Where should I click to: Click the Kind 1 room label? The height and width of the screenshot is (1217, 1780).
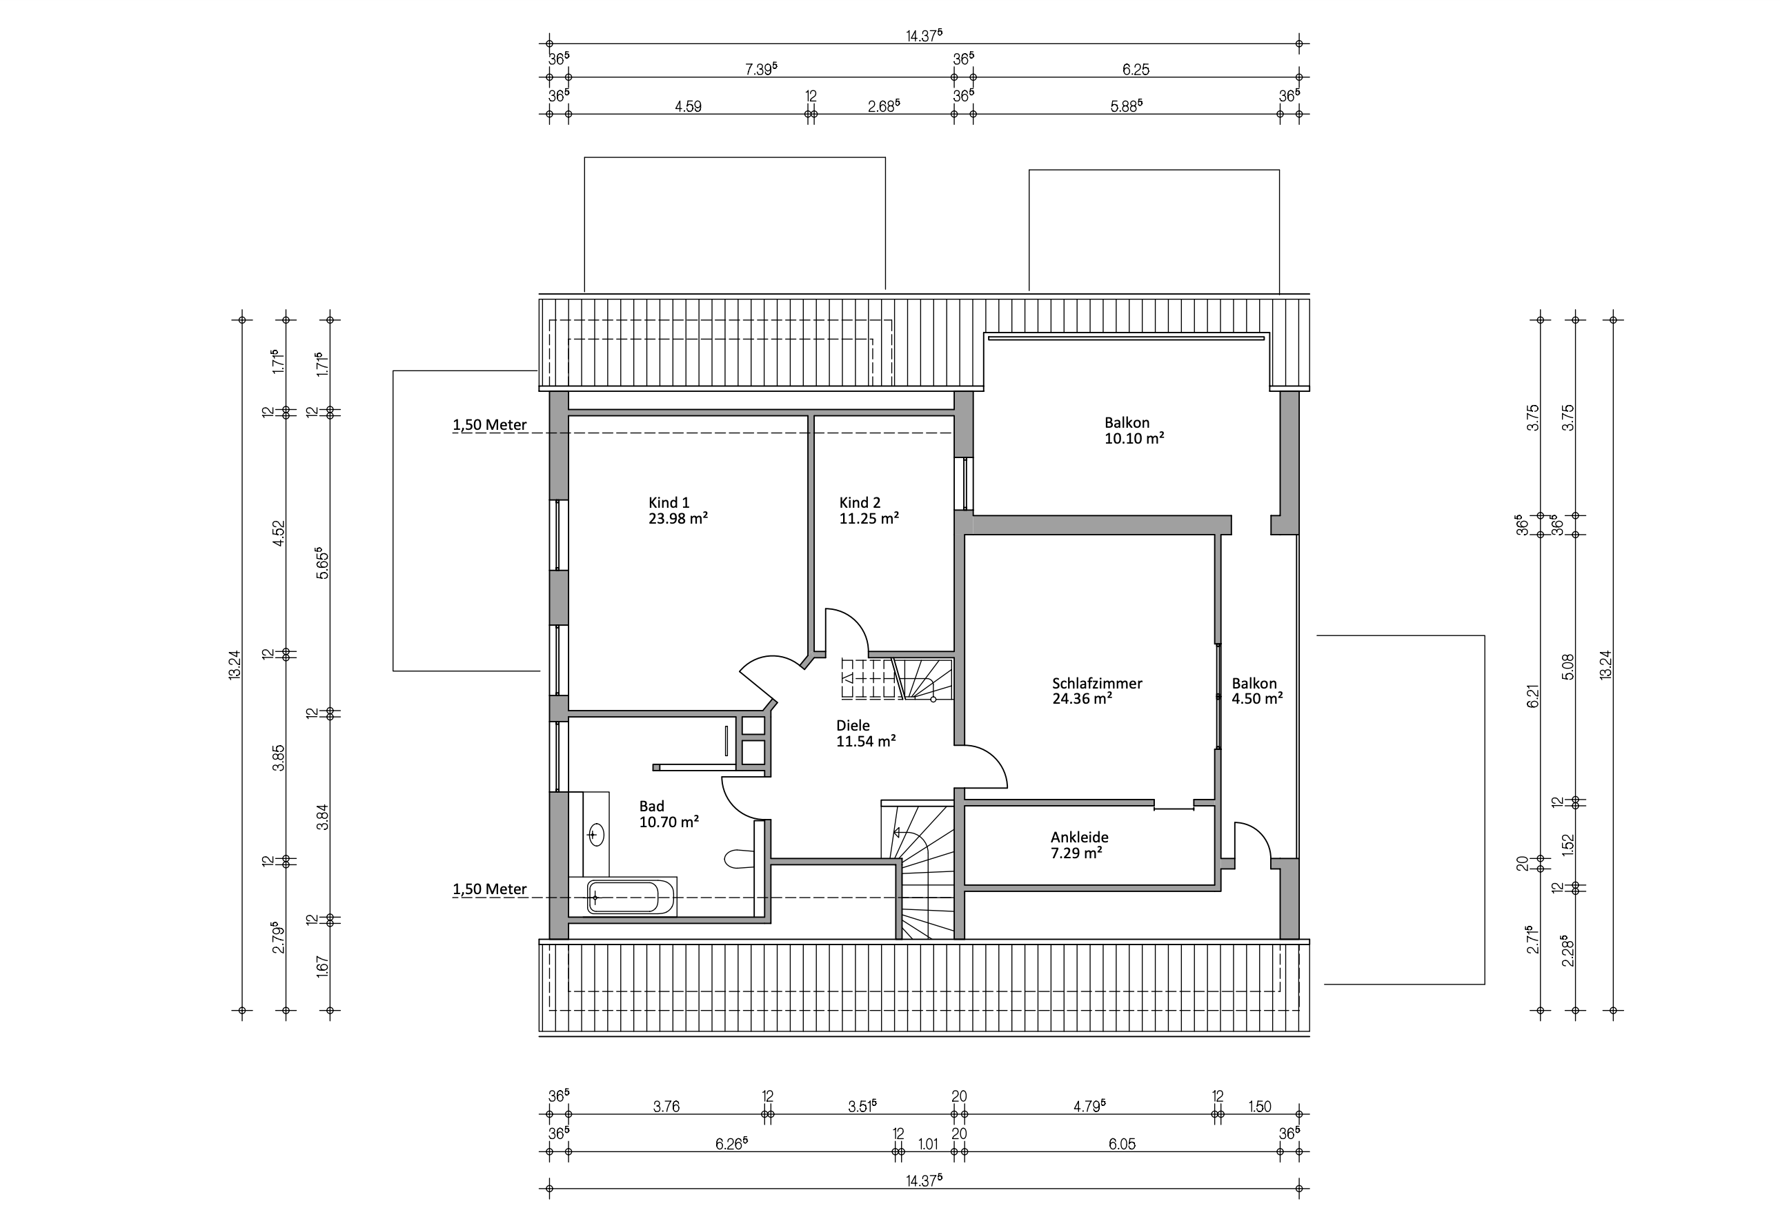(669, 502)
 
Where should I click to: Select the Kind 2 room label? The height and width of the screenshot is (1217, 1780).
(860, 502)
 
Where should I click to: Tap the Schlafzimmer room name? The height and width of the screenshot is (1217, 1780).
(1097, 683)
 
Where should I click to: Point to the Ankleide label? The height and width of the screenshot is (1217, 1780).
(1079, 837)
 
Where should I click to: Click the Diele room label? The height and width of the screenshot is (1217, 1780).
(853, 725)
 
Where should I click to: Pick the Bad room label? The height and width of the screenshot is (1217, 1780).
(652, 806)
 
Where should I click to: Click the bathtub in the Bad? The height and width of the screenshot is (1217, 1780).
(631, 897)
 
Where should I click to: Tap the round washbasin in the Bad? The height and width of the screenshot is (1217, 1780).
(596, 833)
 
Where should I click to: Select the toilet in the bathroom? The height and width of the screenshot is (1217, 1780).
(739, 858)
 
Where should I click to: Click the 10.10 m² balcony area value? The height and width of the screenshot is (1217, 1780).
(1134, 438)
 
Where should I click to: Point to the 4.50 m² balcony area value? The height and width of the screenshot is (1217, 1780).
(1257, 698)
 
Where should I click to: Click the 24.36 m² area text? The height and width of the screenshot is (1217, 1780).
(1082, 698)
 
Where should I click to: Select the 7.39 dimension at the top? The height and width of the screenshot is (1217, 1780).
(761, 69)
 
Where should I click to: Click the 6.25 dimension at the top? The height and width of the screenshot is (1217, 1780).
(1136, 70)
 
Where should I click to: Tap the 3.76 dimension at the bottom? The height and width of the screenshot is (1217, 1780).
(666, 1106)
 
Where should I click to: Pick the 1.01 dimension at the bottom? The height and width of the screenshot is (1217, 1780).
(927, 1145)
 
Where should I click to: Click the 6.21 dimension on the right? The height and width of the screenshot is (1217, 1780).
(1532, 696)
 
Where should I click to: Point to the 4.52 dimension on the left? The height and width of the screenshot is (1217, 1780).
(279, 533)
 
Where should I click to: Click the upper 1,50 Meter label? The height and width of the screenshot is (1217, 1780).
(489, 425)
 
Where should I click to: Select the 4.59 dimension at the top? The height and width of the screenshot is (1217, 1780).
(688, 107)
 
